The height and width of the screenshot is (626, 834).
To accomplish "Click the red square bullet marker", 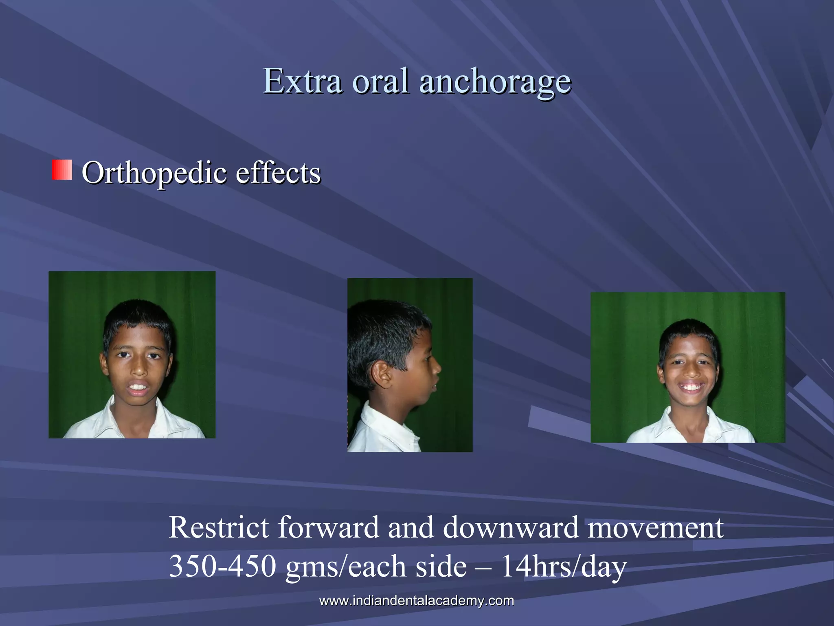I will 62,170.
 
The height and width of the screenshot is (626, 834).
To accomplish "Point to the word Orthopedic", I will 154,173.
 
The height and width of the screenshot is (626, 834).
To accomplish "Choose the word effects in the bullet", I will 278,172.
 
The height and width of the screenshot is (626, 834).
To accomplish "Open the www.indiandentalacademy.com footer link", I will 417,600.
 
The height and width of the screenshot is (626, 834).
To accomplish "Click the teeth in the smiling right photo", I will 691,386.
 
